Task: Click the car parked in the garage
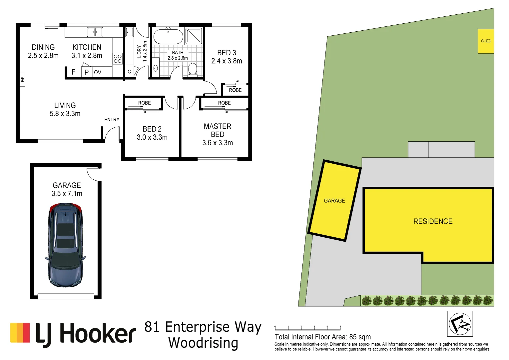65,245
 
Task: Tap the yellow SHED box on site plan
486,41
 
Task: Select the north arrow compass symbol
460,324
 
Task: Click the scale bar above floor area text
307,328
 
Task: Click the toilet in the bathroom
193,70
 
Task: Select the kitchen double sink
95,32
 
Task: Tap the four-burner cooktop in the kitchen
118,59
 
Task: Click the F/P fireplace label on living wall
22,79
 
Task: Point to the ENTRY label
112,120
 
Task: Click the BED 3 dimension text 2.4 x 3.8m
227,61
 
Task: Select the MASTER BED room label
218,130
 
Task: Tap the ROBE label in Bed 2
145,103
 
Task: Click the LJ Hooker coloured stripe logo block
20,333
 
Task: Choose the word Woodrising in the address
203,343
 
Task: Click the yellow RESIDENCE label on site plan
433,221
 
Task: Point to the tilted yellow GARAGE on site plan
334,201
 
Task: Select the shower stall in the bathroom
194,36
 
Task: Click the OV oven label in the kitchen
97,72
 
